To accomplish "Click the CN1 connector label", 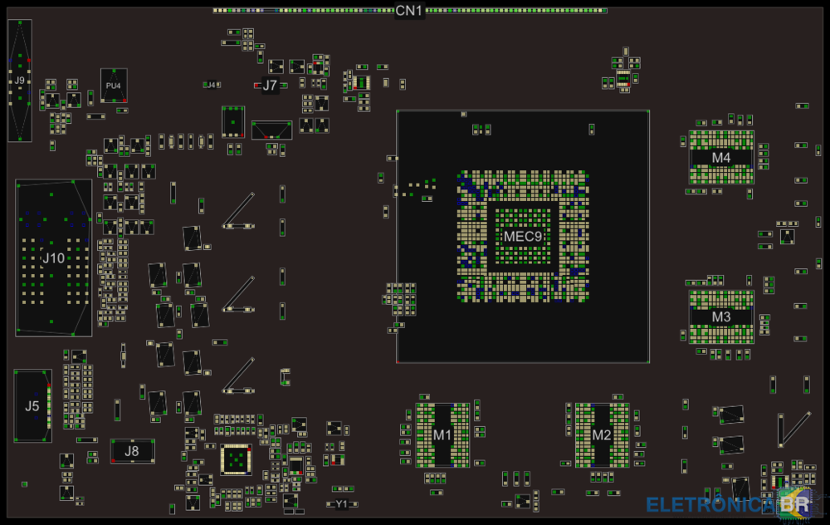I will click(409, 11).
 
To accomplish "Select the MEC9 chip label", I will click(523, 237).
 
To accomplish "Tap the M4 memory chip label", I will click(721, 157).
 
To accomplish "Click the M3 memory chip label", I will click(721, 316).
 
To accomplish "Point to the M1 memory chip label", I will click(442, 435).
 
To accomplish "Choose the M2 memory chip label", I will click(602, 435).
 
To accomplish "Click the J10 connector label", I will click(53, 258).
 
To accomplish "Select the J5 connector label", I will click(32, 406).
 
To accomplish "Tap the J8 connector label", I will click(132, 451).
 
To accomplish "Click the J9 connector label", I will click(19, 81).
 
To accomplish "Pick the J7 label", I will click(270, 85).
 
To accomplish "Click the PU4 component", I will click(114, 86).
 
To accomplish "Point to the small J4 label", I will click(212, 85).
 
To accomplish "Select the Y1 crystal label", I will click(342, 504).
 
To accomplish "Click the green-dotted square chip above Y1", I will click(236, 459).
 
